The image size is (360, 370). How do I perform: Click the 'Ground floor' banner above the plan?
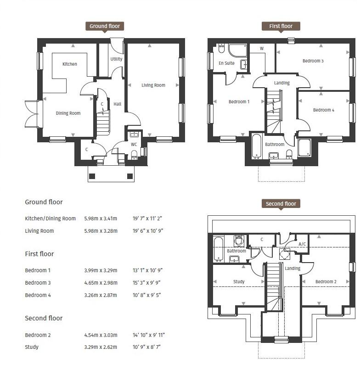(x=105, y=26)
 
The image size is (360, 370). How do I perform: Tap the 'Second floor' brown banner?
(x=281, y=204)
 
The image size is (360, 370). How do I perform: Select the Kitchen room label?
(x=70, y=64)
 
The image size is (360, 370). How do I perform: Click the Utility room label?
(x=116, y=59)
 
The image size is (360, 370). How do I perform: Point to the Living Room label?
(x=153, y=85)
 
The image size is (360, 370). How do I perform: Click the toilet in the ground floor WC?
(x=134, y=155)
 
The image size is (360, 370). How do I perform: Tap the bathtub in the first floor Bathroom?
(x=256, y=146)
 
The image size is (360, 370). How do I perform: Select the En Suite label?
(x=227, y=63)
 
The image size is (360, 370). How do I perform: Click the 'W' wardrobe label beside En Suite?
(x=262, y=49)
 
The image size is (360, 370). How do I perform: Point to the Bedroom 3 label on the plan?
(x=313, y=61)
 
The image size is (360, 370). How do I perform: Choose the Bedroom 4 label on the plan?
(x=324, y=110)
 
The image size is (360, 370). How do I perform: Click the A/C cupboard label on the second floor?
(x=302, y=244)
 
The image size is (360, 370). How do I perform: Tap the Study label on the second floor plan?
(x=239, y=281)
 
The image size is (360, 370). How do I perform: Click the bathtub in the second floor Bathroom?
(x=219, y=250)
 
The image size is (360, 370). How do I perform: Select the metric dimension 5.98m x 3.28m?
(x=101, y=231)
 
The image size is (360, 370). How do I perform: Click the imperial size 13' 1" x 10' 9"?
(x=147, y=270)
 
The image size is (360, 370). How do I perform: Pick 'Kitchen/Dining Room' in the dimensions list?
(x=51, y=219)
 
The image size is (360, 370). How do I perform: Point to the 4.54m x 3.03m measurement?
(x=101, y=335)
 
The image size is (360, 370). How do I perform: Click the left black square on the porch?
(x=92, y=176)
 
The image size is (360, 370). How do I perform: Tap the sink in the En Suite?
(x=244, y=64)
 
